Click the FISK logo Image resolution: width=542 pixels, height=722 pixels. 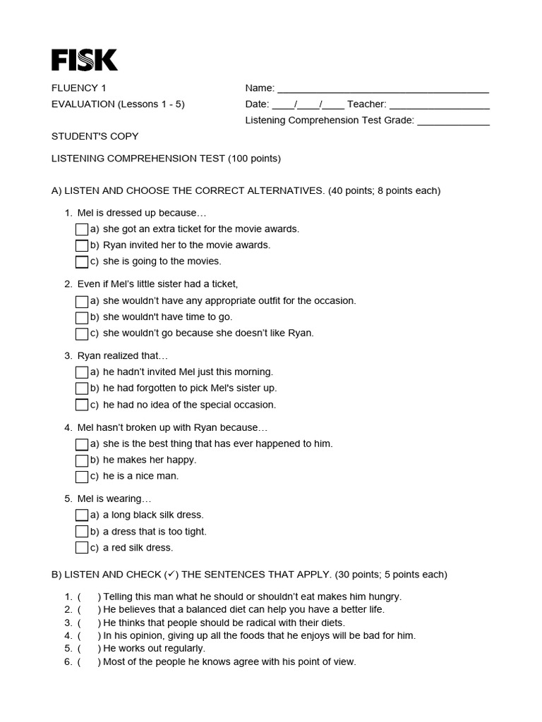coord(85,60)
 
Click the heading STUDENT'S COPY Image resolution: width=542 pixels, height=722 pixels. coord(95,136)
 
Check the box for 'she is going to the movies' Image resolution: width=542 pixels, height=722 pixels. coord(82,262)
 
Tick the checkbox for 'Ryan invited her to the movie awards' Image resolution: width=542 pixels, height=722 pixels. coord(82,245)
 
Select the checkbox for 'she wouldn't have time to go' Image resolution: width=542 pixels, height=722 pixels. coord(82,317)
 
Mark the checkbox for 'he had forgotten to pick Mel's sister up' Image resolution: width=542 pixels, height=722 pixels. coord(82,388)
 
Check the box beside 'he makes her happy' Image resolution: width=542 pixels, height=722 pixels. coord(82,460)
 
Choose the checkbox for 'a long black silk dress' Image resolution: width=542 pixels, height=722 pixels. coord(82,515)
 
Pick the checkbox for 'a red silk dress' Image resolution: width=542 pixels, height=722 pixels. coord(82,548)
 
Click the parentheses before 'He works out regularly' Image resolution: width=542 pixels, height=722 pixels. coord(89,649)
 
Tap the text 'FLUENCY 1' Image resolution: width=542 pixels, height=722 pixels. coord(79,88)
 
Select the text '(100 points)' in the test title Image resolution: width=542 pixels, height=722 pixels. coord(254,159)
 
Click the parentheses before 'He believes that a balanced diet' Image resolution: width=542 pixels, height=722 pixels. coord(89,610)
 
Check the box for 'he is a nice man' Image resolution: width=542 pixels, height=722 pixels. coord(82,477)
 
